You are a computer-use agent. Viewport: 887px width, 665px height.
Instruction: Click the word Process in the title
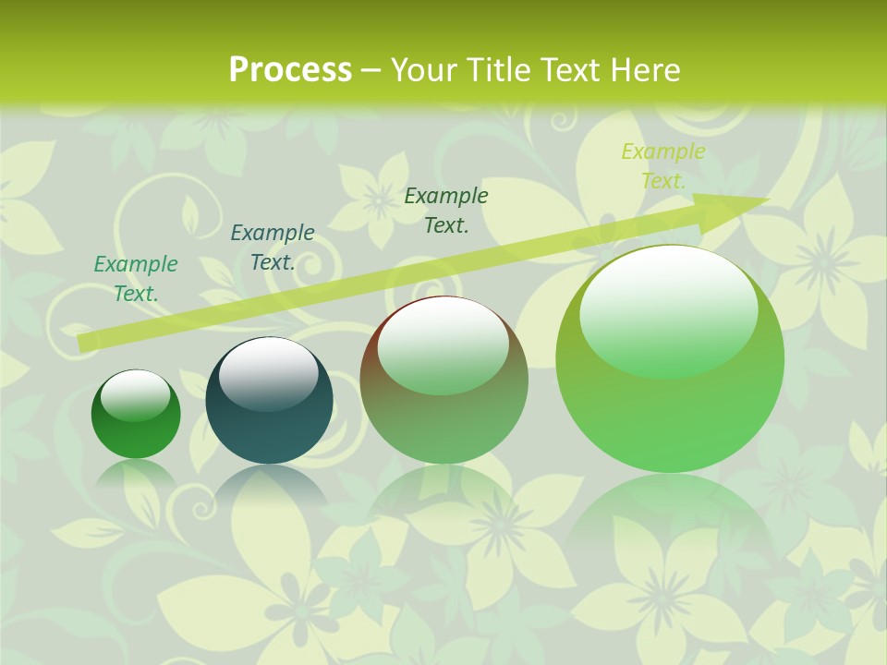pyautogui.click(x=290, y=70)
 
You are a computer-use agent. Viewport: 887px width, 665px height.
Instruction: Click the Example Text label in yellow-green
pyautogui.click(x=663, y=166)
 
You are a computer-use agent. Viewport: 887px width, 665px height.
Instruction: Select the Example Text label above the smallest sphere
pyautogui.click(x=136, y=279)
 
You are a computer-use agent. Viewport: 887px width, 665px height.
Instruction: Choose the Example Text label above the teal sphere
pyautogui.click(x=272, y=248)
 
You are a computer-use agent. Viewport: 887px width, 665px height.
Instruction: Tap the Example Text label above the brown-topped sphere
pyautogui.click(x=446, y=210)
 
